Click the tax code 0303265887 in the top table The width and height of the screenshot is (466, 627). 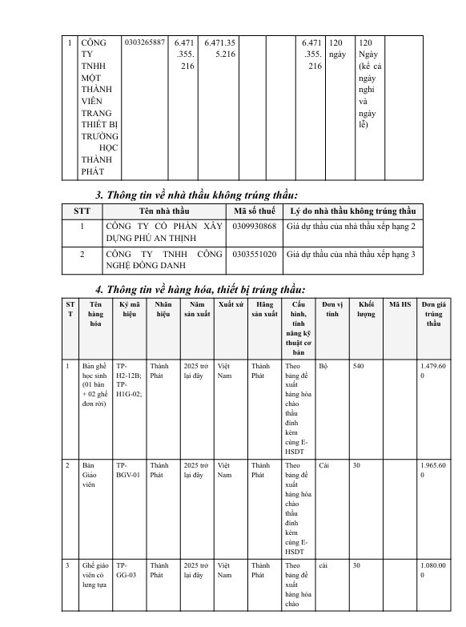145,42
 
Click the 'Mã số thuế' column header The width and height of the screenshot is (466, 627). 255,211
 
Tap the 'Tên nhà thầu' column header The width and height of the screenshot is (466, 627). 163,211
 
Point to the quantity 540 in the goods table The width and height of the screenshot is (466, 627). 358,365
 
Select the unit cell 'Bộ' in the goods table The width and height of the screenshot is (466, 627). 323,365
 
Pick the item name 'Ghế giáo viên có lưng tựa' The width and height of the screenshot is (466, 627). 95,574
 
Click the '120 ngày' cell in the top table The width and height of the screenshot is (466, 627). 337,47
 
